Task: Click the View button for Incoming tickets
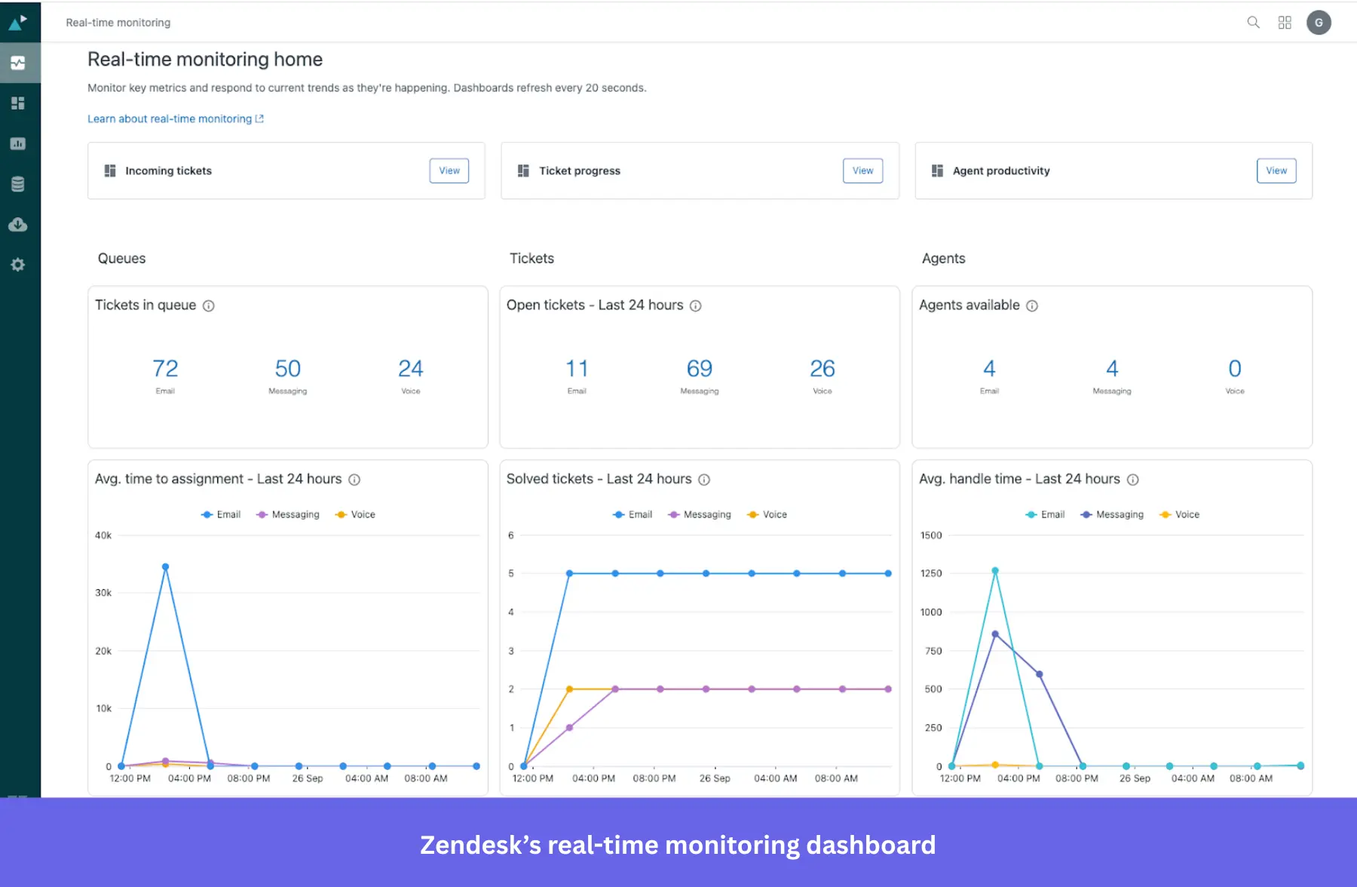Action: click(449, 170)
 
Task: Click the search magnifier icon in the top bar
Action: click(1253, 23)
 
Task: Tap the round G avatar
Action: click(1319, 23)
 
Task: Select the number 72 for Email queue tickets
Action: click(165, 369)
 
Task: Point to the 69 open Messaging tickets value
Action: click(699, 369)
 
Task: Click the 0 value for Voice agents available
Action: click(1234, 369)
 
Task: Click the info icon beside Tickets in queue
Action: click(209, 305)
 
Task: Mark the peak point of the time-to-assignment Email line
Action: click(165, 567)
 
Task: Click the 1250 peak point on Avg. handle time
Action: click(995, 571)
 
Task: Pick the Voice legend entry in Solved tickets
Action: click(767, 514)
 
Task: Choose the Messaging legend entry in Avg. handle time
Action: click(1113, 514)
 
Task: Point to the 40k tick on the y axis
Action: click(103, 536)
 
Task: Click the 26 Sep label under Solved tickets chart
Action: click(715, 778)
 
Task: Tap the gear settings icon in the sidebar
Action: click(18, 265)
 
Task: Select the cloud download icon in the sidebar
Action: click(18, 225)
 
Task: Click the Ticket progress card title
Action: click(579, 171)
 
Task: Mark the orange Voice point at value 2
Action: click(569, 689)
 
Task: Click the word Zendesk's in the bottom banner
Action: click(480, 845)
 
